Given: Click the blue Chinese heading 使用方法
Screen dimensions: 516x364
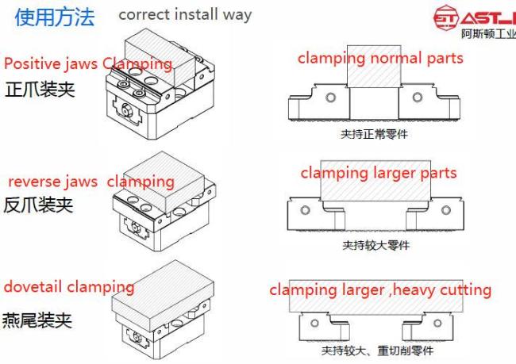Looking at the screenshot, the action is [55, 17].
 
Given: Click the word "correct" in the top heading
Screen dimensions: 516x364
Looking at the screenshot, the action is [144, 15].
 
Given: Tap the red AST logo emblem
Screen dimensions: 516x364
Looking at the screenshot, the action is [445, 17].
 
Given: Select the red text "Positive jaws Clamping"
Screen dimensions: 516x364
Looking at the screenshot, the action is [88, 63].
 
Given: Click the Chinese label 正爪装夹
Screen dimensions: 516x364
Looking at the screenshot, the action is [40, 90].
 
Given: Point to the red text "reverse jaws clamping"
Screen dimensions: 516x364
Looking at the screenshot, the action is [91, 182].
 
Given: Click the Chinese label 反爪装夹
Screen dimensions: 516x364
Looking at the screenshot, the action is [38, 205].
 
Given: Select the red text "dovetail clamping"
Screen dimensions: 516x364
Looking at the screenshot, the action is [69, 287].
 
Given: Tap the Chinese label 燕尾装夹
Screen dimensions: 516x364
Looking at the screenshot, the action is [37, 320].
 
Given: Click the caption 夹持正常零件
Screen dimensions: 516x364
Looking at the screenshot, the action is [374, 134].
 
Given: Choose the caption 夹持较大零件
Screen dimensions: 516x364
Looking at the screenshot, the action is [375, 245].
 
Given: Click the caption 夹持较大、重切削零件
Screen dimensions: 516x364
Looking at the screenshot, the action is [377, 351].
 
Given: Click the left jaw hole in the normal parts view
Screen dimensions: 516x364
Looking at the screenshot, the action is [331, 98].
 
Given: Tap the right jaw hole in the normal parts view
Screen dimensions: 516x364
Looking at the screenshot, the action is [418, 98].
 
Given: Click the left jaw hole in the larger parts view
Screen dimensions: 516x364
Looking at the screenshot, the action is [305, 210].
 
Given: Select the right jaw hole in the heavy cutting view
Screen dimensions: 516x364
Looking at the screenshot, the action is [437, 324].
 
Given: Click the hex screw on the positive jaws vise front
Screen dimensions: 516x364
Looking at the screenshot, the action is [126, 108].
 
